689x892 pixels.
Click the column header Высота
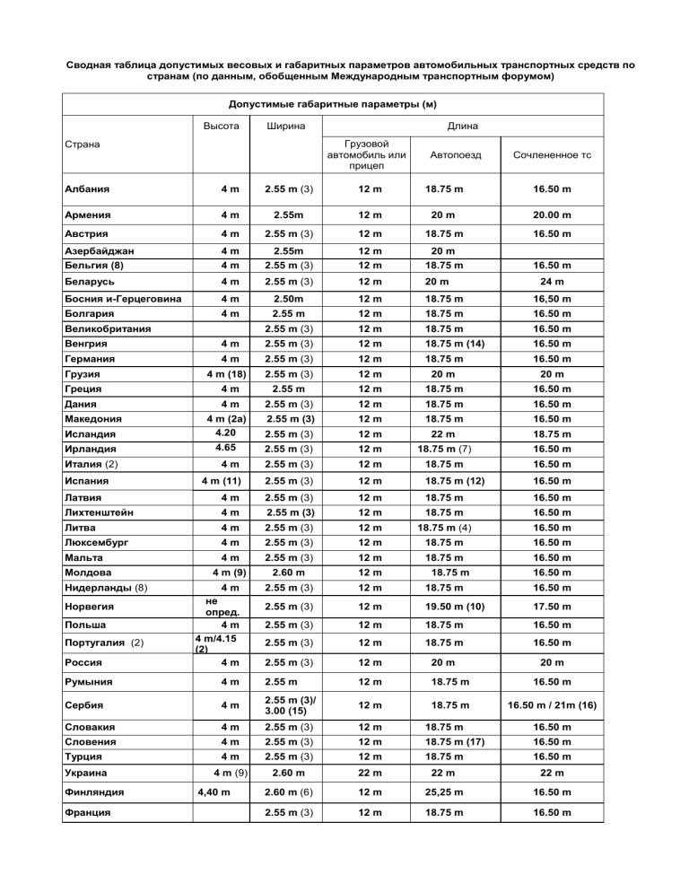(x=218, y=126)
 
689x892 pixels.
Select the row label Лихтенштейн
(x=99, y=512)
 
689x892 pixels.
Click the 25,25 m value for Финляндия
(x=456, y=792)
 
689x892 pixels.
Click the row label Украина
(x=89, y=772)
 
